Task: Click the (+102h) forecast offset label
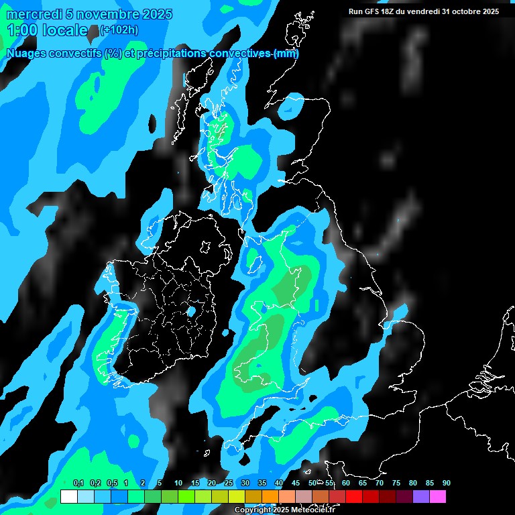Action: [x=119, y=30]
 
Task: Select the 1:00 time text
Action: [x=21, y=30]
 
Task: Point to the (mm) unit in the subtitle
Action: [x=286, y=54]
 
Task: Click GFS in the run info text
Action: [x=374, y=11]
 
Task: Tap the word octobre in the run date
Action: [x=459, y=11]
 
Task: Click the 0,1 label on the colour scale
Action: [x=78, y=483]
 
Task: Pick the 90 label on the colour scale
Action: [x=447, y=483]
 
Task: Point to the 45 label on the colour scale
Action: [x=296, y=483]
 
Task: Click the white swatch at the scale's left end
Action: [x=69, y=496]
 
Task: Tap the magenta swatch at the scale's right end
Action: [x=438, y=496]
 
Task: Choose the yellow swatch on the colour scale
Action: [x=237, y=496]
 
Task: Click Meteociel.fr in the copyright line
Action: [x=312, y=510]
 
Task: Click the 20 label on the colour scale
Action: [x=212, y=483]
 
